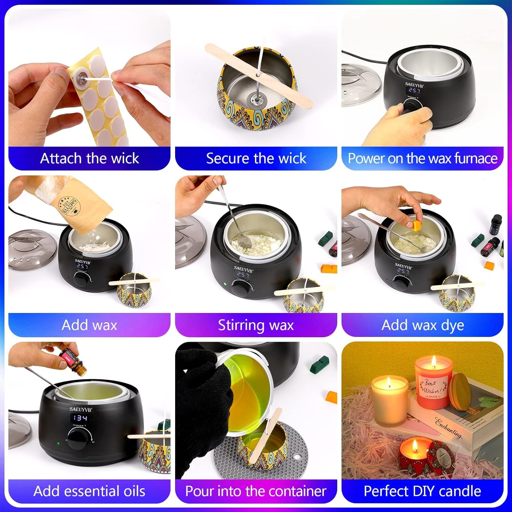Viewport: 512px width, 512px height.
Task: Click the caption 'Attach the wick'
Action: coord(89,158)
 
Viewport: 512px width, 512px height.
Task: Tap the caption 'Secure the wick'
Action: coord(256,158)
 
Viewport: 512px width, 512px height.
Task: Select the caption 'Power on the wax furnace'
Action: coord(422,158)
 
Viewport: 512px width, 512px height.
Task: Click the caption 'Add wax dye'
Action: coord(422,325)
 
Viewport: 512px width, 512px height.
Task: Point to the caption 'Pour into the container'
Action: coord(256,491)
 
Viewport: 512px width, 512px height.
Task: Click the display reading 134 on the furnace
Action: coord(81,418)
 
